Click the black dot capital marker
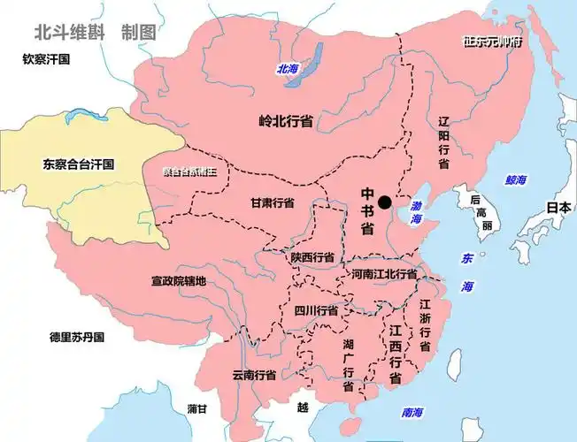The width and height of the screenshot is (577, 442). (x=383, y=202)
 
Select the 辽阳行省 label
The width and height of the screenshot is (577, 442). (x=443, y=141)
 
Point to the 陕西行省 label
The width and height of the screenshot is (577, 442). (x=312, y=257)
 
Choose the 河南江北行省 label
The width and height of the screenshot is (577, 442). (x=383, y=274)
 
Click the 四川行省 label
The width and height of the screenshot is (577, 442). (x=316, y=310)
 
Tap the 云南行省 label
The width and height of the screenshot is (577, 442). (x=255, y=374)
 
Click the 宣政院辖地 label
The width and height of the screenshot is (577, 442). (x=178, y=281)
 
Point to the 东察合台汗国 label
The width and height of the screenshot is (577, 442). (x=79, y=164)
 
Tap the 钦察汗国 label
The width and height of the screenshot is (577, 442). (x=47, y=59)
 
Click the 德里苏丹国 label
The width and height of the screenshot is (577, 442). (x=77, y=337)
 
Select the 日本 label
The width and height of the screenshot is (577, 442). (x=558, y=208)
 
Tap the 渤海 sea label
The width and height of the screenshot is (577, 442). (x=416, y=211)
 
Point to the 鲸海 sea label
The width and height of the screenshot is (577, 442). (x=516, y=179)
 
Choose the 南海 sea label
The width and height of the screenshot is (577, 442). (x=412, y=412)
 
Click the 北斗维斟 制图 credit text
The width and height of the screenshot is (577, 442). (x=95, y=32)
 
